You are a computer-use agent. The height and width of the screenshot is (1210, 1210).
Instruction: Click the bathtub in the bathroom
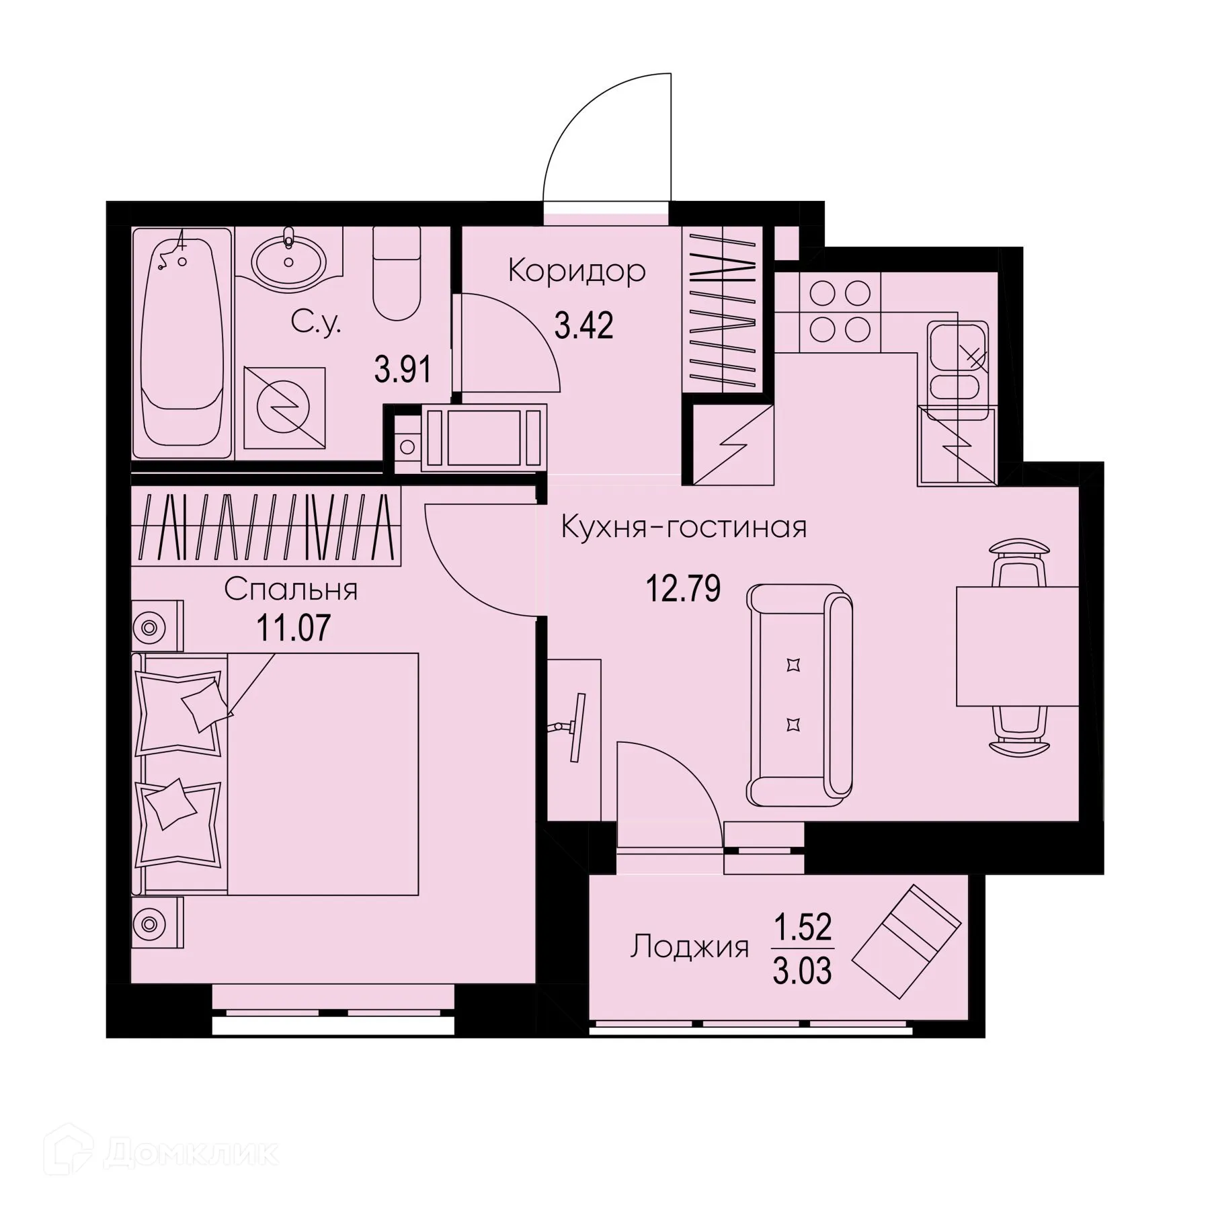pos(182,343)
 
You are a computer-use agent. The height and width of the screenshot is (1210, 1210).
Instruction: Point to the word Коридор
pos(577,271)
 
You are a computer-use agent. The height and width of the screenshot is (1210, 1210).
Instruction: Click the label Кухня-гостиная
pos(684,528)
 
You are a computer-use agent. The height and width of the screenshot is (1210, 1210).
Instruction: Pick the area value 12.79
pos(683,588)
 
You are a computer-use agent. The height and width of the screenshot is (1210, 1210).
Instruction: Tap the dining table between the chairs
pos(1016,646)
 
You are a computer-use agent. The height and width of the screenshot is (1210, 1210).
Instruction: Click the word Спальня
pos(290,590)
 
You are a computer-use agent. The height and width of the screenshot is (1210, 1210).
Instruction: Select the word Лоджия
pos(689,947)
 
